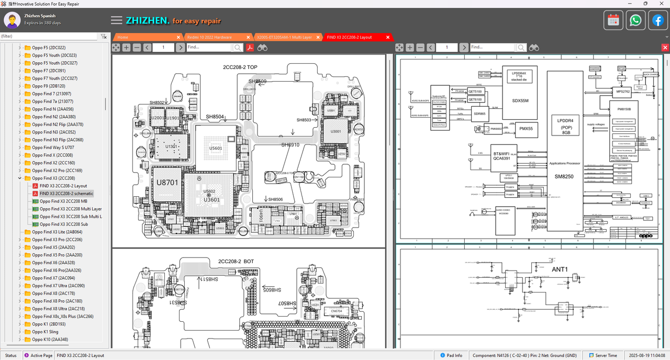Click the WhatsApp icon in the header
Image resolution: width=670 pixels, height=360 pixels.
[635, 20]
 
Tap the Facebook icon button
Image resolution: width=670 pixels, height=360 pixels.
[658, 20]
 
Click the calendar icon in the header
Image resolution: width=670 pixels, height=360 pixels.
[613, 20]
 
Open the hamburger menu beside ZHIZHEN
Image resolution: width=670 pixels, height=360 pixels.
[117, 20]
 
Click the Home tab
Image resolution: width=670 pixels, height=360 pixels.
[123, 37]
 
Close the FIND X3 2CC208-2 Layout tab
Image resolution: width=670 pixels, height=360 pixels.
[388, 37]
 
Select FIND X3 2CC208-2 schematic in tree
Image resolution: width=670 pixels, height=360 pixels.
[66, 194]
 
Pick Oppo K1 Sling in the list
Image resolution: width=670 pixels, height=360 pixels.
[45, 332]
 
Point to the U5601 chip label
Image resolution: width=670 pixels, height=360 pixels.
[215, 149]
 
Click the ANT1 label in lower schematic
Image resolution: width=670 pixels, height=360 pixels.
[560, 269]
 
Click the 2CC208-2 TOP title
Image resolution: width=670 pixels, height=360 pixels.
[240, 67]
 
